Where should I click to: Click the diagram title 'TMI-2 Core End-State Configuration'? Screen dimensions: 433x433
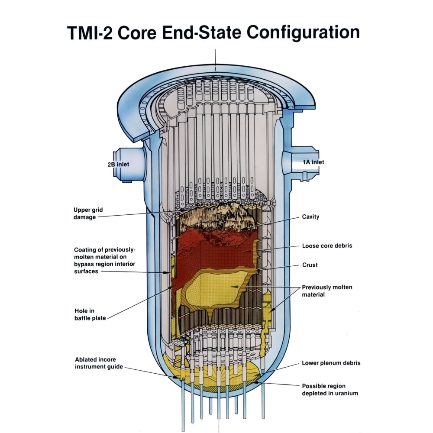point(213,33)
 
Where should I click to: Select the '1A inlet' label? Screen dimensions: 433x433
point(313,162)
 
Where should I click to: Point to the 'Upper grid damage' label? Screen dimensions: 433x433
point(88,213)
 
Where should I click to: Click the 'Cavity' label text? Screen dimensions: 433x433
point(310,216)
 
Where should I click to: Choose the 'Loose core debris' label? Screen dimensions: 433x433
point(327,246)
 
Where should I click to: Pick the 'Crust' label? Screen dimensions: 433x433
point(310,265)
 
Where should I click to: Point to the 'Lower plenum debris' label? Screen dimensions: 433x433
point(331,363)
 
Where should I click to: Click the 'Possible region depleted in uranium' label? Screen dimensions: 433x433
point(330,390)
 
